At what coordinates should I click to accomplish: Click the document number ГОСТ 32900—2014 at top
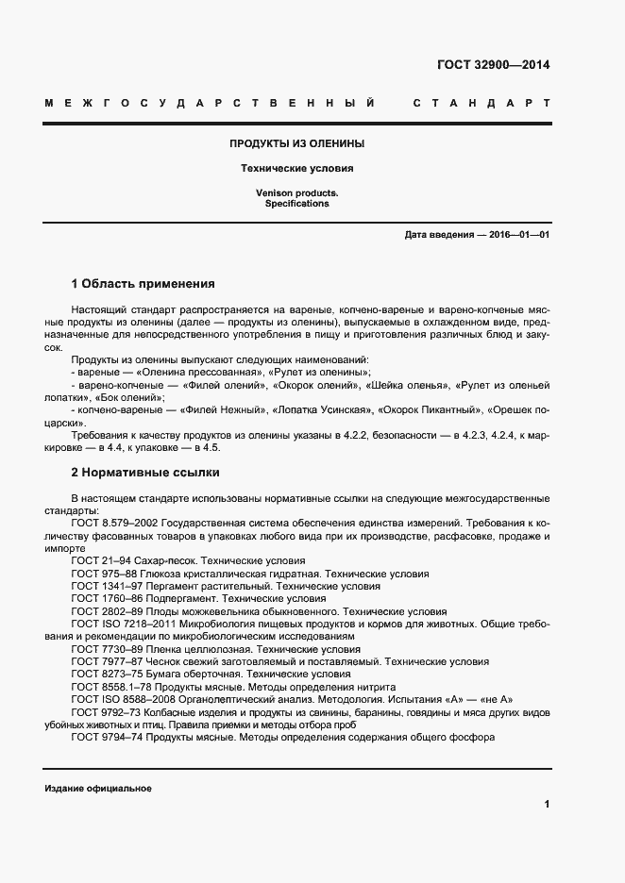[493, 65]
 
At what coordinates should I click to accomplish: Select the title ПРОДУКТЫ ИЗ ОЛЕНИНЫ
[297, 144]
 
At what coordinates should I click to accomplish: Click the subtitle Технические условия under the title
[297, 169]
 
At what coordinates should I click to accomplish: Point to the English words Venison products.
[296, 192]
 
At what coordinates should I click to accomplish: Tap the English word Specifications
[296, 203]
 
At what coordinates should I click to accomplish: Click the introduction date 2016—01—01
[518, 234]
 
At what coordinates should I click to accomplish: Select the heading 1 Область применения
[143, 283]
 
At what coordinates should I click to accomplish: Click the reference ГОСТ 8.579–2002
[114, 523]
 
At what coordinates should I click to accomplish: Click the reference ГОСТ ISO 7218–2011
[122, 624]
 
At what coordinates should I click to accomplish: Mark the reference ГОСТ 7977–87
[107, 662]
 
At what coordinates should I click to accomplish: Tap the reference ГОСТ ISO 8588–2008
[122, 700]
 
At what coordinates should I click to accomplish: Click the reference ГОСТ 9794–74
[107, 739]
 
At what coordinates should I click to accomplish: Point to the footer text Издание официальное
[97, 788]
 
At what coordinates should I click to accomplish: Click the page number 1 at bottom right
[546, 804]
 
